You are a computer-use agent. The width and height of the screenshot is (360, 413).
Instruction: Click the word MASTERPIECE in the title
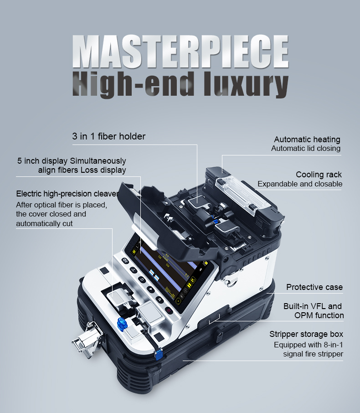[x=180, y=52]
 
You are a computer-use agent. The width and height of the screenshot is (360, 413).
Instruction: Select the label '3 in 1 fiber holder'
[x=109, y=136]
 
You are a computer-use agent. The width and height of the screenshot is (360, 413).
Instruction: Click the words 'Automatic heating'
[x=307, y=139]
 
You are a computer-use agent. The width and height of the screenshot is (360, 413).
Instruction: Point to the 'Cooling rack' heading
[x=319, y=175]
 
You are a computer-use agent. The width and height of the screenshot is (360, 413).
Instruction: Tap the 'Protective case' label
[x=314, y=287]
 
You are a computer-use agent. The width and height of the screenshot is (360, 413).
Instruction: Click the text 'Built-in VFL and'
[x=313, y=306]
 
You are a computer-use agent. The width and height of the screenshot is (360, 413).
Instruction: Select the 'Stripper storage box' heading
[x=306, y=334]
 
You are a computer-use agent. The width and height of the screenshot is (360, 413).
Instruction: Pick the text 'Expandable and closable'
[x=300, y=184]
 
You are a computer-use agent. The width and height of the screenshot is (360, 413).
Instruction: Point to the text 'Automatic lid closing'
[x=306, y=148]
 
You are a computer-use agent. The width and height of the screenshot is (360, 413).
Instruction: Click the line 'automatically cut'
[x=44, y=224]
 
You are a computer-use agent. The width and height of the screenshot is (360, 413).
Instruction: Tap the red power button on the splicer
[x=169, y=310]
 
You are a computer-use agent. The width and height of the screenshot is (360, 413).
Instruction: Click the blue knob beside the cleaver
[x=122, y=324]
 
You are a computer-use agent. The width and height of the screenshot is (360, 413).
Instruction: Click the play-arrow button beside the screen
[x=151, y=289]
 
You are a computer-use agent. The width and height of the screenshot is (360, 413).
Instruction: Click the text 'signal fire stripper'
[x=313, y=354]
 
